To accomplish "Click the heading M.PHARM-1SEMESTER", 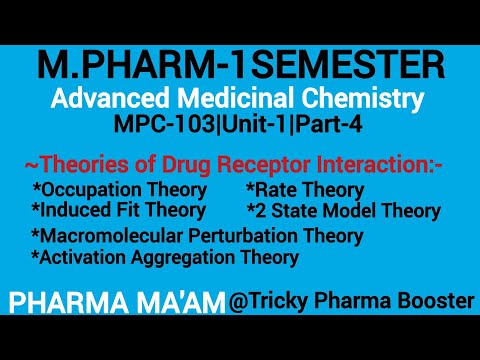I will pos(240,68).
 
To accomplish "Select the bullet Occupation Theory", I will pos(120,189).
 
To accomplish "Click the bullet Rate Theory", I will pos(305,189).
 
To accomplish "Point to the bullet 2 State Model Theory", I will pos(343,211).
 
